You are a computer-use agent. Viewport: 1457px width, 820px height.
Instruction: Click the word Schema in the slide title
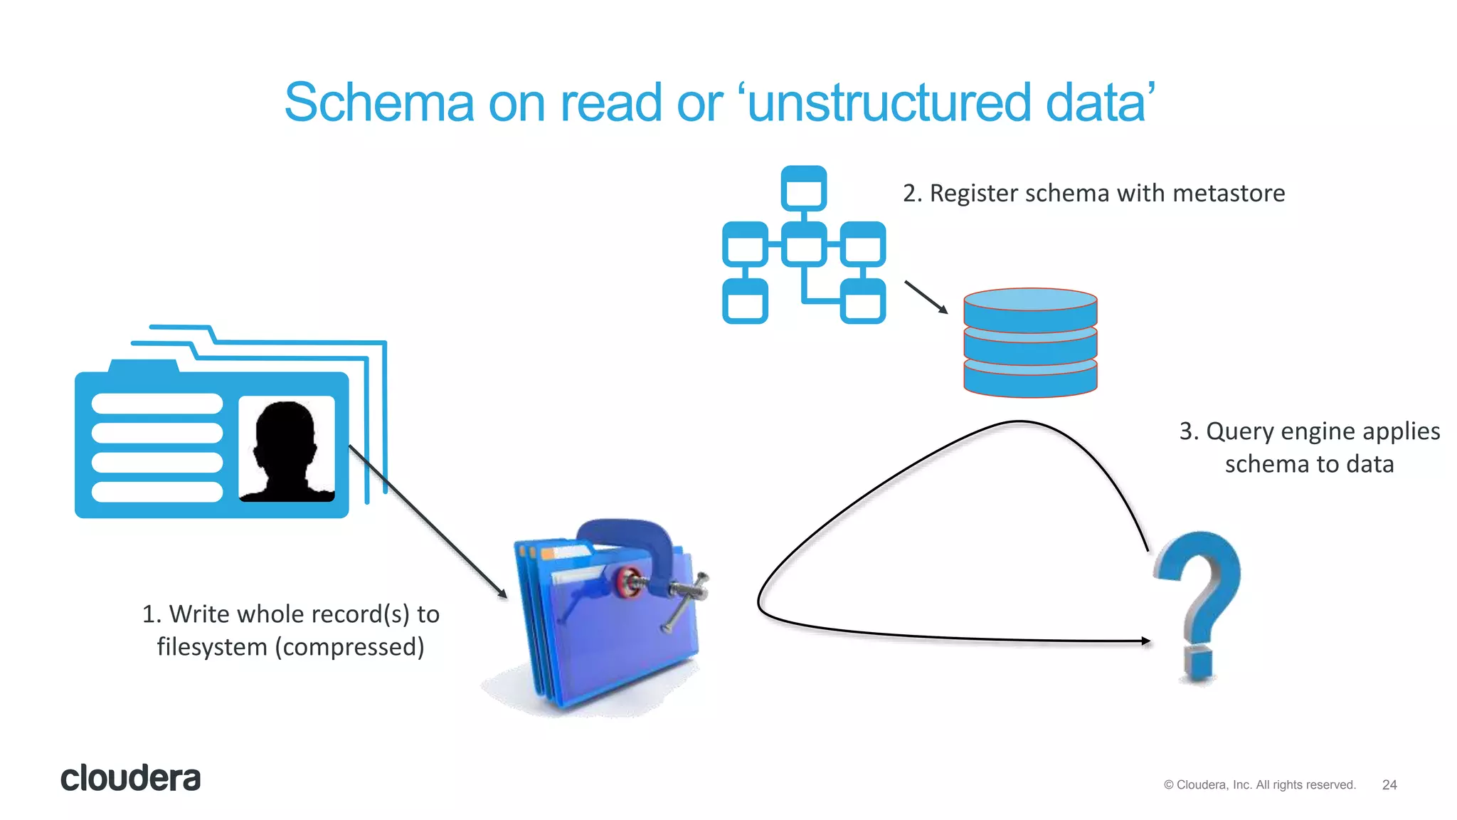378,102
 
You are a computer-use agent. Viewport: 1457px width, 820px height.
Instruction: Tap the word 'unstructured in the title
889,102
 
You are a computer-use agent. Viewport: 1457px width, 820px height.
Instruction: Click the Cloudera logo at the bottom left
130,778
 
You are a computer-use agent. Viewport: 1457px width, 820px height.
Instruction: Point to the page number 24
1389,784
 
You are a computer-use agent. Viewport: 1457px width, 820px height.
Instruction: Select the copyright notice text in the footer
1259,784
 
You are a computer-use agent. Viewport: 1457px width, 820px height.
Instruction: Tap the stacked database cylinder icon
1030,342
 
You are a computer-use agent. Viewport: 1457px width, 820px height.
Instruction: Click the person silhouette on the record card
286,450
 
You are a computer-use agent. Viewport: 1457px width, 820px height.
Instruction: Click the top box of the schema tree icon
803,189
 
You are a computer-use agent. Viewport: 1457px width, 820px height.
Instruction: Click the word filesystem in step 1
212,647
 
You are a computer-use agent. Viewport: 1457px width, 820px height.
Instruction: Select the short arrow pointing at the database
926,297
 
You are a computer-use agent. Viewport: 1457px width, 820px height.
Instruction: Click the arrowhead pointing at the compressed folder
502,594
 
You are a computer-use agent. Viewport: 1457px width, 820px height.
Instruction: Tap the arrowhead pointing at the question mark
1145,641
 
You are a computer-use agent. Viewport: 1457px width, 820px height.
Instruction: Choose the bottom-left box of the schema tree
745,301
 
